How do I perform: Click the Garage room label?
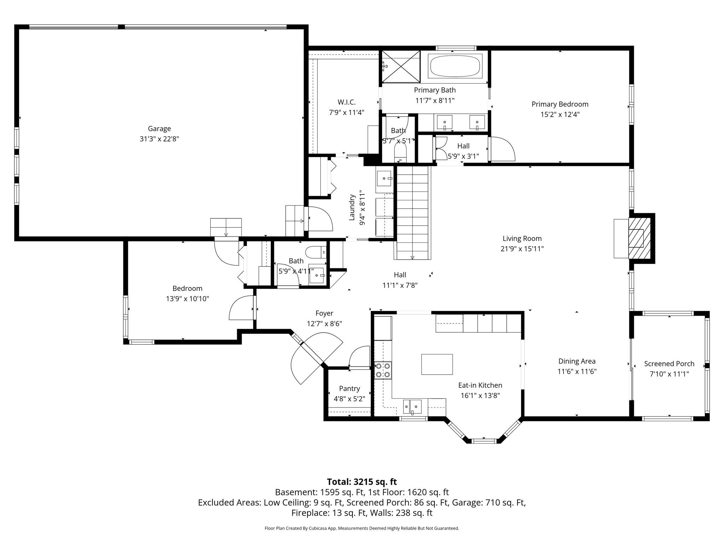click(159, 129)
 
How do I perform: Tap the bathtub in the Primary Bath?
click(455, 66)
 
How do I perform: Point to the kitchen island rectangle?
click(437, 364)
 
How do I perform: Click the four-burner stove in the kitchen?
click(383, 370)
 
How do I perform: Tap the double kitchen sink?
click(412, 406)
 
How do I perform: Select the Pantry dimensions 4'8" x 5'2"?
click(349, 399)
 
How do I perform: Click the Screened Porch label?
click(669, 363)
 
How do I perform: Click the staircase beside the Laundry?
click(413, 212)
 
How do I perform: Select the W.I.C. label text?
click(346, 102)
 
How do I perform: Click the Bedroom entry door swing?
click(242, 308)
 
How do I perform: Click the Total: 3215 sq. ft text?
click(362, 482)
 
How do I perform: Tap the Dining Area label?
click(577, 361)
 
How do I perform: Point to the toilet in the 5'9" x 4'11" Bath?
click(315, 252)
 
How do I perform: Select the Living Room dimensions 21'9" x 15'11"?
click(522, 249)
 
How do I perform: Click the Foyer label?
click(324, 313)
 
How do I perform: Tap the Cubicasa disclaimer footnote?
click(362, 528)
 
